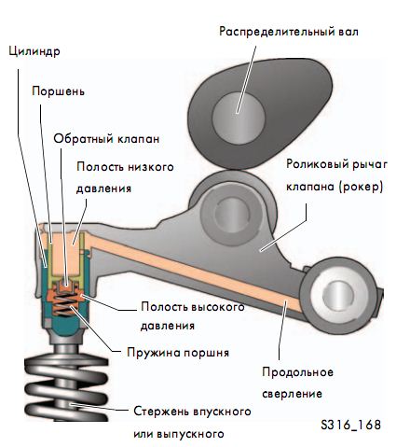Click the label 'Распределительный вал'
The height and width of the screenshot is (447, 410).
click(x=289, y=32)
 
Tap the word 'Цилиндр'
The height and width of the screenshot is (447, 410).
click(x=34, y=51)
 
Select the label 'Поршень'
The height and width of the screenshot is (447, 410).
click(x=58, y=91)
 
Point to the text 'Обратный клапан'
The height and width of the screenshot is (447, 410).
click(x=106, y=139)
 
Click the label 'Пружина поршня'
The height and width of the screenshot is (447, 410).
click(x=178, y=353)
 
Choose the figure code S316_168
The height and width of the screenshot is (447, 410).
click(x=350, y=425)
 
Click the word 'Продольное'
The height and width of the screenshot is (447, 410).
click(x=297, y=372)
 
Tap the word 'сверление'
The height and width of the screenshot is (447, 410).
click(x=292, y=394)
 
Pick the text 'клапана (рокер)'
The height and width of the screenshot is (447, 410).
click(x=335, y=187)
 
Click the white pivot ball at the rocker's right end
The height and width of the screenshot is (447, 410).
click(x=337, y=293)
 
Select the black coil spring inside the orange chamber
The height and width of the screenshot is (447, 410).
click(x=66, y=304)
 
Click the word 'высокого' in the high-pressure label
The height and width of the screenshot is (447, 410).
click(x=218, y=307)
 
